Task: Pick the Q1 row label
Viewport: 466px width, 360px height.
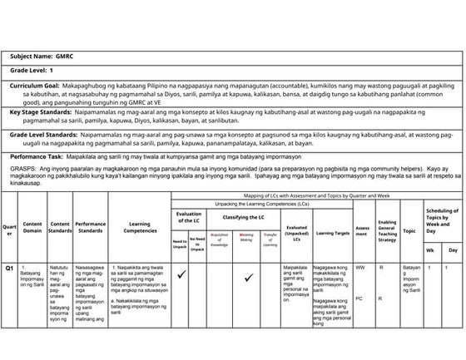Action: [x=9, y=269]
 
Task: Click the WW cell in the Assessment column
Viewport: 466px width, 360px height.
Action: [x=359, y=268]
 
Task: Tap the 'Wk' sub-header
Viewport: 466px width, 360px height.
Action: [x=429, y=249]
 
